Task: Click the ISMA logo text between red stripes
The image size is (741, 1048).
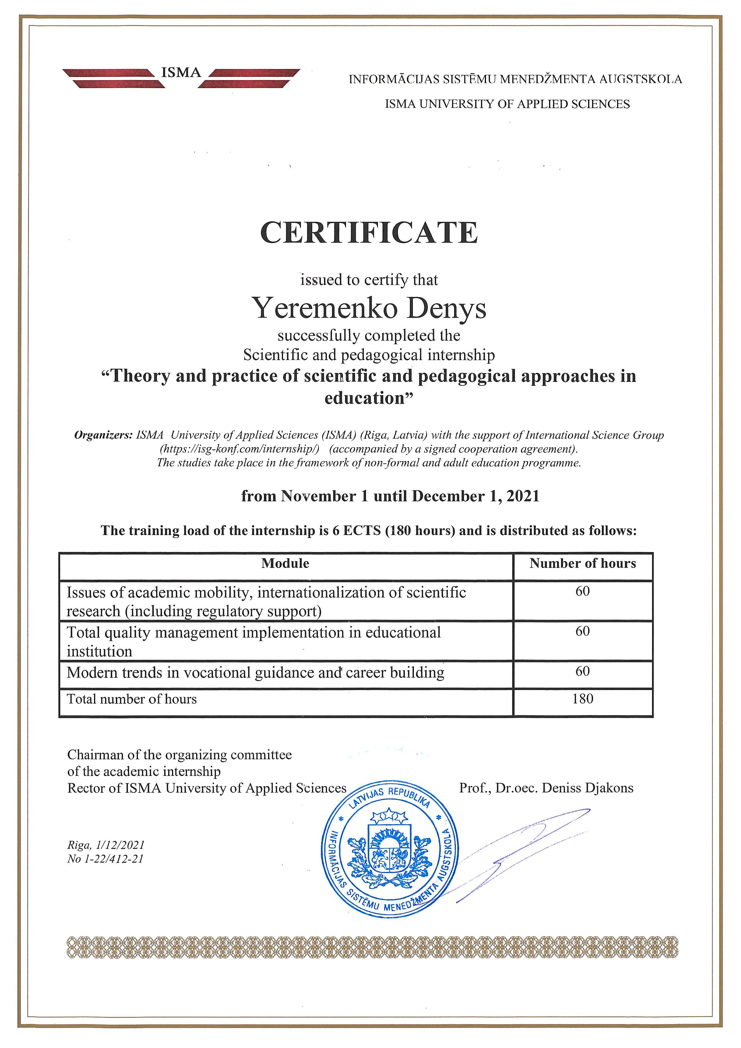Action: click(181, 73)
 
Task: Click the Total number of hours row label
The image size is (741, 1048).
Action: click(132, 699)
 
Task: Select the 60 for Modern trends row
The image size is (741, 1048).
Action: click(583, 671)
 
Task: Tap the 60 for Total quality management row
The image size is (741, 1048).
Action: click(583, 631)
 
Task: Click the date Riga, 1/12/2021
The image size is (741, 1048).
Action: click(106, 845)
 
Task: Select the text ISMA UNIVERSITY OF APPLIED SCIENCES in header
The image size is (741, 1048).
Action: click(507, 104)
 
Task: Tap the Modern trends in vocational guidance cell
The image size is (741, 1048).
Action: click(256, 673)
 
